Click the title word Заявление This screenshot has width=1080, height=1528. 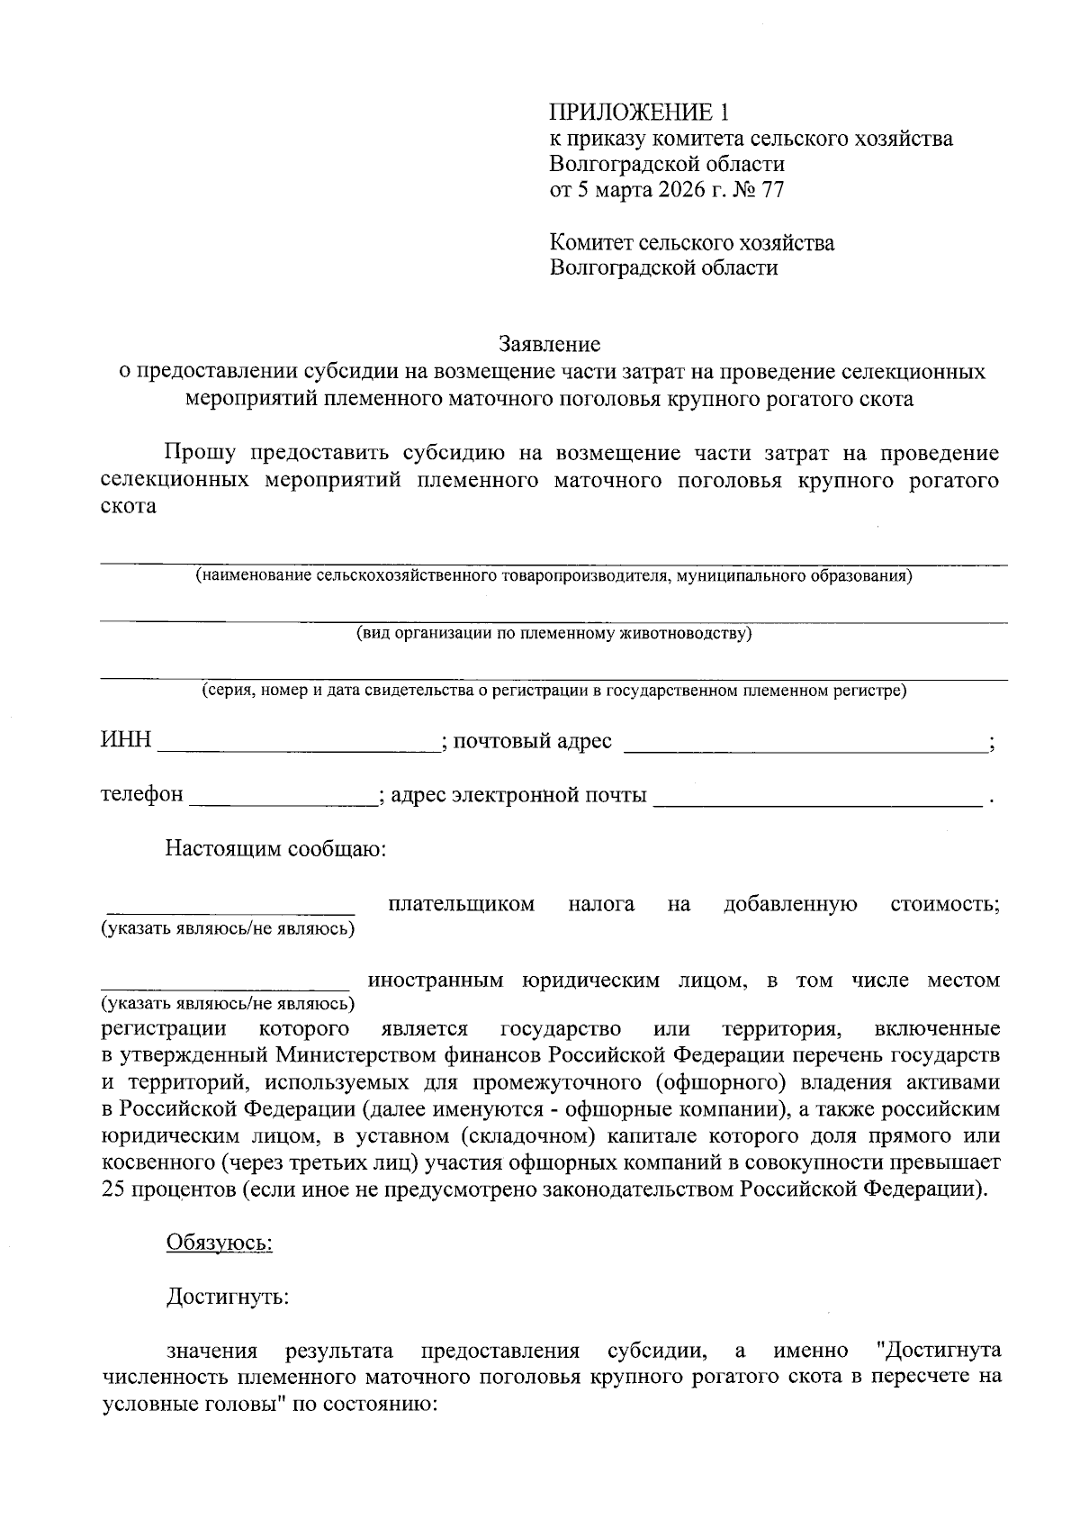click(x=549, y=344)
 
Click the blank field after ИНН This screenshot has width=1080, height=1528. click(x=299, y=744)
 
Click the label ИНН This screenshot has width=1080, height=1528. click(x=125, y=741)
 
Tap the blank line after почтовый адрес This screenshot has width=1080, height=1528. click(x=805, y=744)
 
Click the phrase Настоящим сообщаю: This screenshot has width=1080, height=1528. click(x=275, y=849)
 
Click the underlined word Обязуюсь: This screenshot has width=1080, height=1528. click(x=220, y=1243)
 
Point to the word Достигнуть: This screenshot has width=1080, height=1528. click(x=228, y=1297)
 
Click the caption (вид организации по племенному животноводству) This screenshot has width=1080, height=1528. click(x=553, y=633)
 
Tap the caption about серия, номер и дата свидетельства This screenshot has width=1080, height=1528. click(x=553, y=691)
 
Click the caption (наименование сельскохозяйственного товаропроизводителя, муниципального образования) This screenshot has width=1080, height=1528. click(x=553, y=575)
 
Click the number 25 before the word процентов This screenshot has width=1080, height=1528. click(x=113, y=1189)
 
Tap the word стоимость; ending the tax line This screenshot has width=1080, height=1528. click(x=944, y=904)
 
